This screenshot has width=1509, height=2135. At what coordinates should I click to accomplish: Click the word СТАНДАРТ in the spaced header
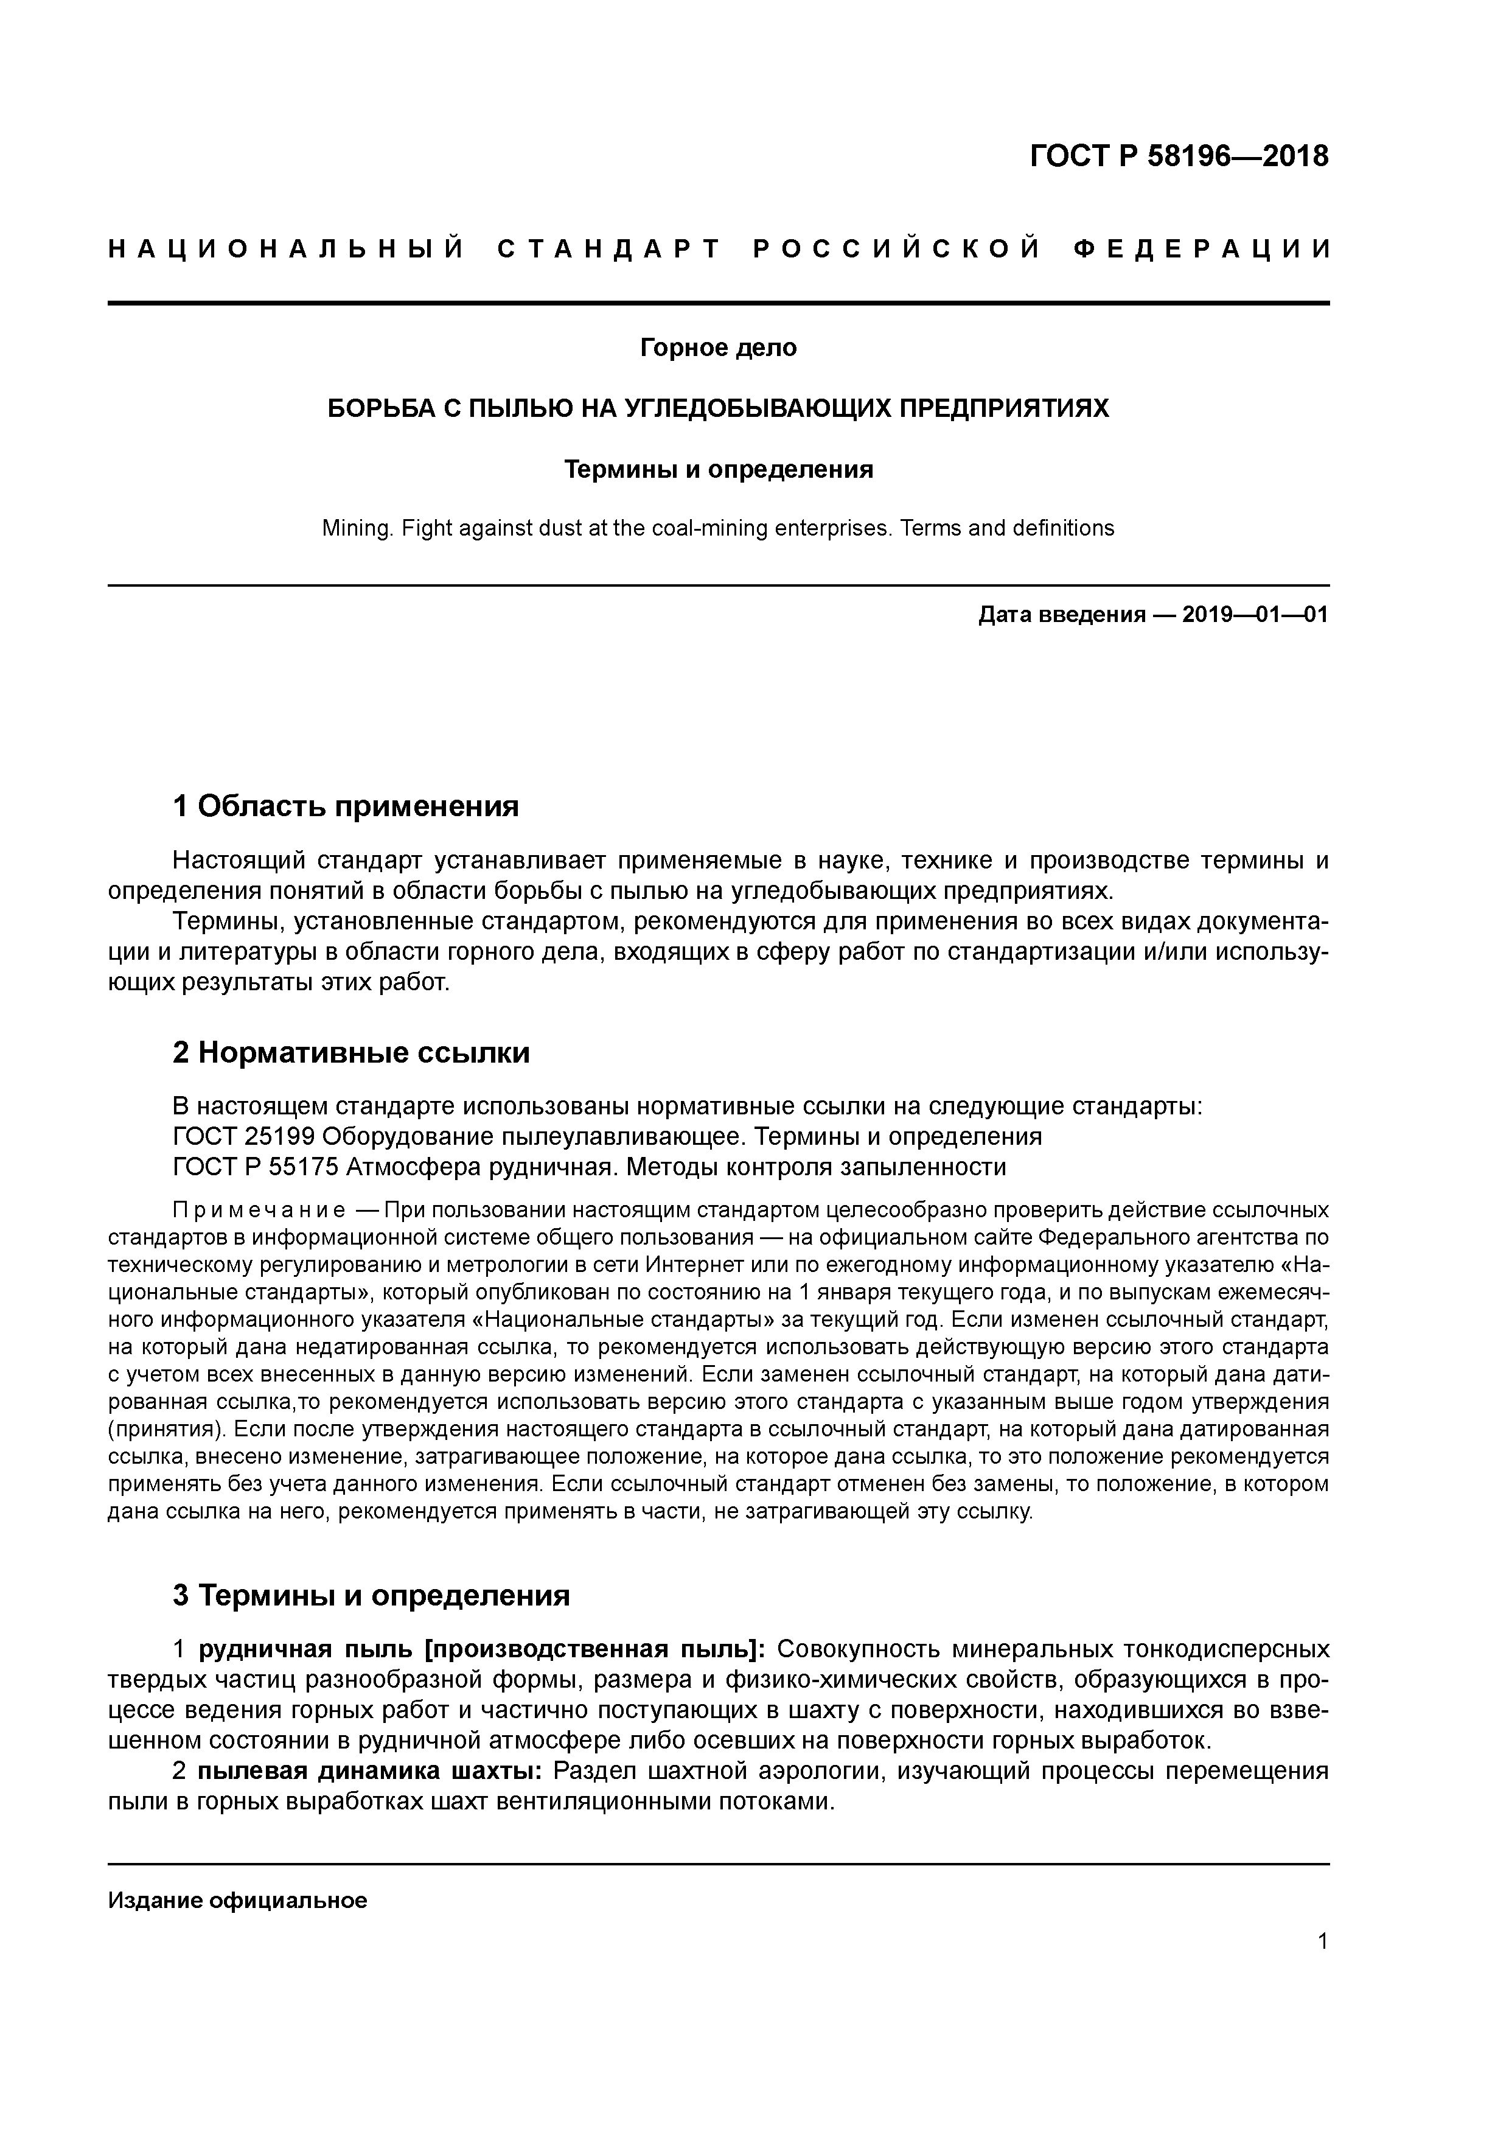pos(609,249)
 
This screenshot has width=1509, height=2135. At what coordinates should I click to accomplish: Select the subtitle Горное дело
pos(718,348)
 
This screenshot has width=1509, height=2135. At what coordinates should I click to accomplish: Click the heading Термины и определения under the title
pos(718,470)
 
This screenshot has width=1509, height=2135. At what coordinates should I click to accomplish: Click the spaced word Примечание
pos(259,1210)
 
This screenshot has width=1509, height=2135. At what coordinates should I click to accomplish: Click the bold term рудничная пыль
pos(307,1649)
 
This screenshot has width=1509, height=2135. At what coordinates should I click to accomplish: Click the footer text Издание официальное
pos(237,1899)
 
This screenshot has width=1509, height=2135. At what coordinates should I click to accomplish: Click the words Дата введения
pos(1061,615)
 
